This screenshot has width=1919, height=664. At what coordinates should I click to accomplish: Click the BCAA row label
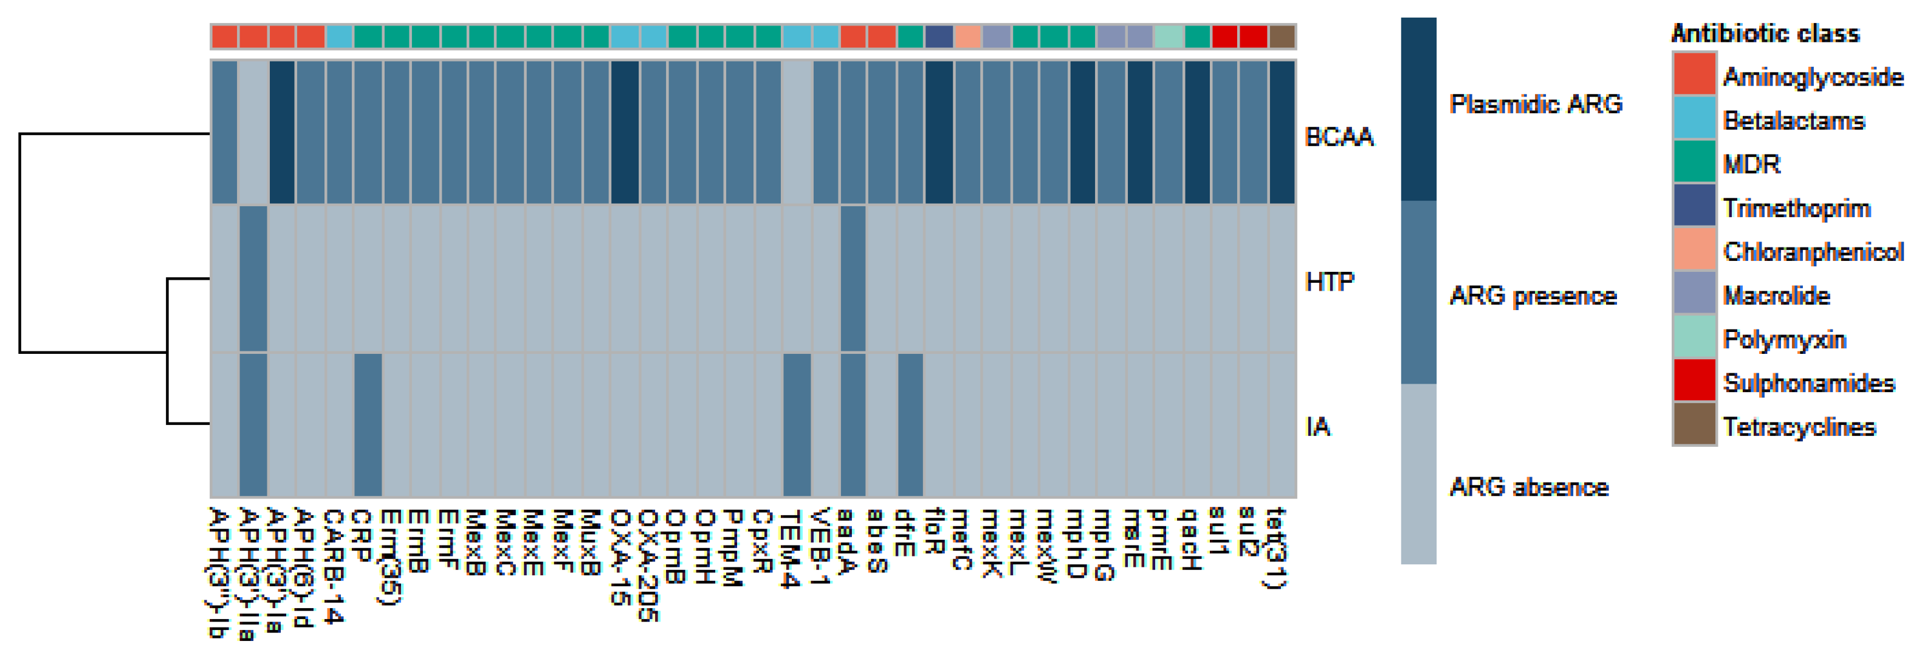tap(1339, 137)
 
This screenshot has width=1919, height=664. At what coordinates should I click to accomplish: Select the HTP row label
tap(1330, 282)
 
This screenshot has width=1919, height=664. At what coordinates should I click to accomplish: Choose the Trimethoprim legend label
tap(1796, 209)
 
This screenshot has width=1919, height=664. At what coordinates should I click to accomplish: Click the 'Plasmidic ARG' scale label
tap(1536, 103)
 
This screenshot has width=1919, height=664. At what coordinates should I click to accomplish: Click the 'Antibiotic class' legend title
tap(1765, 33)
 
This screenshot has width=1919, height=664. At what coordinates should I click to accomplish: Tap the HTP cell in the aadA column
tap(853, 278)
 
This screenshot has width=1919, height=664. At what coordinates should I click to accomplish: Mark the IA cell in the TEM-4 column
tap(797, 425)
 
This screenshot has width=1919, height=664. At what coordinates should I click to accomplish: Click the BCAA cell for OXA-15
tap(624, 132)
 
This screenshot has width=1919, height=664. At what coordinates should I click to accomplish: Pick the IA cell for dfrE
tap(910, 425)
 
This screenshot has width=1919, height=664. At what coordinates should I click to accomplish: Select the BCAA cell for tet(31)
tap(1282, 132)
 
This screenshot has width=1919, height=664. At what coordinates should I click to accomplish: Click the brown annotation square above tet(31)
tap(1282, 36)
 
